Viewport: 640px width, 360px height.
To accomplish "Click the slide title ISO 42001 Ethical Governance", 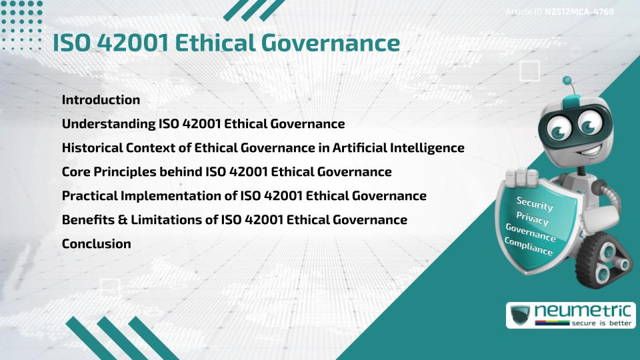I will pos(226,43).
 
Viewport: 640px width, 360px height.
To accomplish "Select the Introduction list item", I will pos(101,100).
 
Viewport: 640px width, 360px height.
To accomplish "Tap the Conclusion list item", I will pos(96,244).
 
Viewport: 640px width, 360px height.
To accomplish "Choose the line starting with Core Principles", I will pos(227,172).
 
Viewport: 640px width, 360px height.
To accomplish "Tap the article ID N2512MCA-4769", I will pos(579,11).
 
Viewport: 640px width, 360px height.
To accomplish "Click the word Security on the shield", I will pos(535,204).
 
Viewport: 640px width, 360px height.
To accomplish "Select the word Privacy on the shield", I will pos(532,218).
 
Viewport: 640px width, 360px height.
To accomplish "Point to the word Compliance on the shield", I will pos(529,246).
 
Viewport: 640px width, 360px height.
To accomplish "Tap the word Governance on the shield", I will pos(531,232).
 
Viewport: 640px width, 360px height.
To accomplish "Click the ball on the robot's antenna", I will pos(567,81).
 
